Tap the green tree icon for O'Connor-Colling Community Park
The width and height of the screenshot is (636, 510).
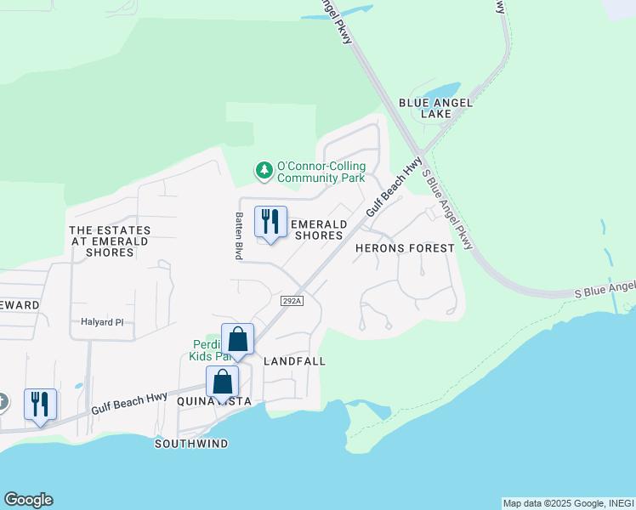point(264,171)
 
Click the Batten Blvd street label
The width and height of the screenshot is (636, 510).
point(240,235)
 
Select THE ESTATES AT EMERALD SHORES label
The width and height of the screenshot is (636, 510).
point(110,241)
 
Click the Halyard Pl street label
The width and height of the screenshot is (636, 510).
point(102,322)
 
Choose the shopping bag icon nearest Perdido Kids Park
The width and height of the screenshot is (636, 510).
point(238,340)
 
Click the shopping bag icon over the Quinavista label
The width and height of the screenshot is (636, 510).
point(222,382)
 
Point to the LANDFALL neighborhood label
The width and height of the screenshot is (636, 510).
point(295,361)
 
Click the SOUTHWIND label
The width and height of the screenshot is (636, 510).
point(191,444)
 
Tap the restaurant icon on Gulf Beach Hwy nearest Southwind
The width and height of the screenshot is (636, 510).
point(40,405)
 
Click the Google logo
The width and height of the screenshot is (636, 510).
point(28,500)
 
